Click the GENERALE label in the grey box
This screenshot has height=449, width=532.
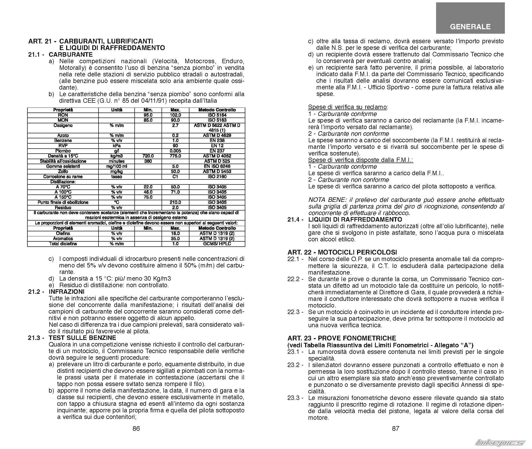tap(470, 27)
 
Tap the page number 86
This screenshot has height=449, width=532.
tap(136, 428)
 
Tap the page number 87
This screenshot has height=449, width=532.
tap(396, 428)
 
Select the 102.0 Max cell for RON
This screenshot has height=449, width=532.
tap(175, 115)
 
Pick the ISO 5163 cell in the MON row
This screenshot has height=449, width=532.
tap(217, 120)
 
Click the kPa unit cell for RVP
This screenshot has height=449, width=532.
tap(116, 146)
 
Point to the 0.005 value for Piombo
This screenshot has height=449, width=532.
tap(175, 151)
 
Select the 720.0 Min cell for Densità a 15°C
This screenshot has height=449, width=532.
tap(148, 156)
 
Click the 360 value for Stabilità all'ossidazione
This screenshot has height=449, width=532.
tap(148, 161)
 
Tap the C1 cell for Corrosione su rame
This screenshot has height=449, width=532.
tap(175, 177)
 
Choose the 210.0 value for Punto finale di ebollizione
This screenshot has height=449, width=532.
tap(175, 202)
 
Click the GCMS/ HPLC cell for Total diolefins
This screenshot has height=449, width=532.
tap(217, 244)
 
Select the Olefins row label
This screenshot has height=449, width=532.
tap(63, 233)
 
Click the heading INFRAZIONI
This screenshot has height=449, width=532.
tap(67, 292)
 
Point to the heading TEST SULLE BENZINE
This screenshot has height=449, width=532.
tap(82, 338)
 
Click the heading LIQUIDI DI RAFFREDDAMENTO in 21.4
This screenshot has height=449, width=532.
tap(355, 219)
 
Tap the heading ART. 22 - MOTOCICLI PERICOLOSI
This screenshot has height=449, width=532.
tap(342, 252)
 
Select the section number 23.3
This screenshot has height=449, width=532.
tap(294, 398)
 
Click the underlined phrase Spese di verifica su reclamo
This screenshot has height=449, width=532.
tap(347, 107)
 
